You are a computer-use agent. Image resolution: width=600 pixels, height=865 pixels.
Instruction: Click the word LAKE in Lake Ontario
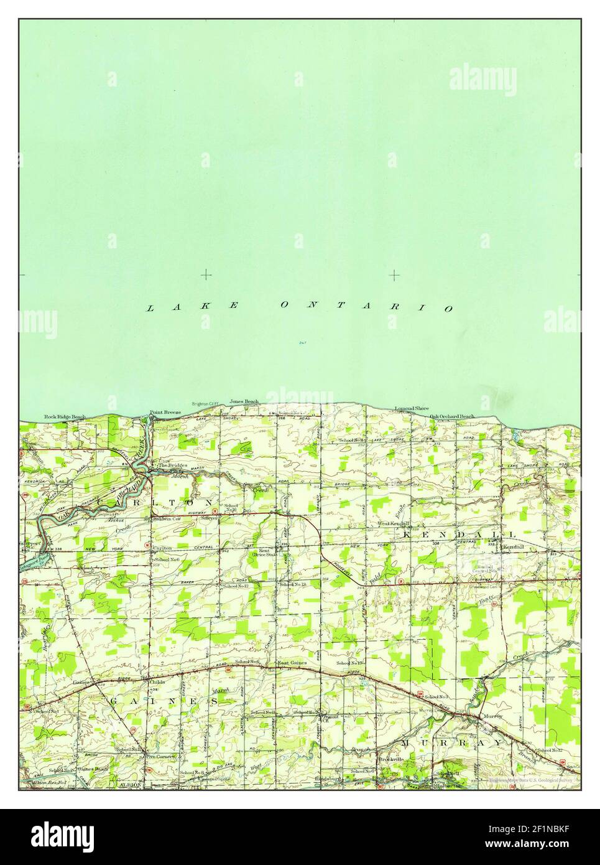(194, 306)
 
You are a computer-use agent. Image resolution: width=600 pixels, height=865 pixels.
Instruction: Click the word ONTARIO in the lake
(367, 306)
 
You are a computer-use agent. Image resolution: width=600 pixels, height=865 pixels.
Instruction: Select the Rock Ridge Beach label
(64, 416)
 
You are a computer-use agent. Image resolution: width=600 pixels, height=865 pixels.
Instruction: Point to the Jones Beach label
(244, 401)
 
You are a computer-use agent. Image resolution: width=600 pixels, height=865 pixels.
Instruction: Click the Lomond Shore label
(412, 408)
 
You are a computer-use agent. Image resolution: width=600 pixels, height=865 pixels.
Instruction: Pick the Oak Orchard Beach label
(452, 416)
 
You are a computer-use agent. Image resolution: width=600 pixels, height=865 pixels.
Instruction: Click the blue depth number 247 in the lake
(302, 342)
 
